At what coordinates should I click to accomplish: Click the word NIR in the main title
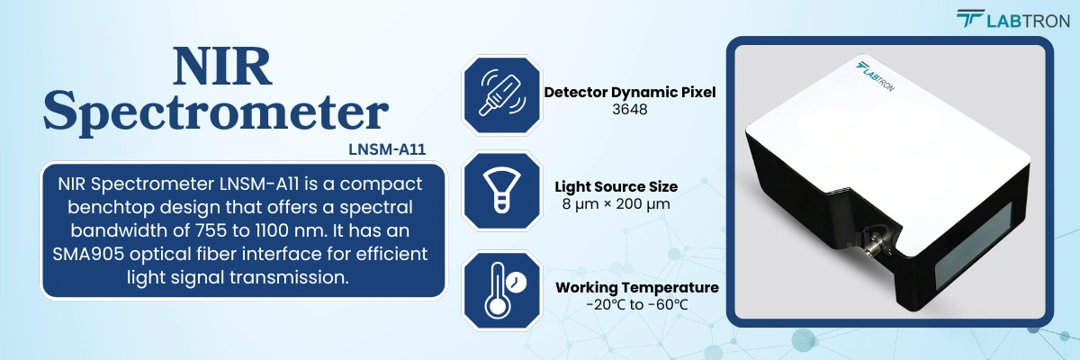[222, 67]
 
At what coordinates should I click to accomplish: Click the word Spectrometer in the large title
[215, 113]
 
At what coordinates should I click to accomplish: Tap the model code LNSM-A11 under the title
[387, 149]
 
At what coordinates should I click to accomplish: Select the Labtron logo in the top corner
[1013, 19]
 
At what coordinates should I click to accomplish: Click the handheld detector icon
[502, 94]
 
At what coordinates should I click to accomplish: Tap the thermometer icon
[502, 290]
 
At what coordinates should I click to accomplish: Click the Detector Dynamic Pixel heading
[630, 92]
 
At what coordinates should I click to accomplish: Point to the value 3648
[630, 110]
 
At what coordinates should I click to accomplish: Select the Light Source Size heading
[616, 186]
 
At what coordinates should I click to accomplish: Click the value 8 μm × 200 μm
[616, 204]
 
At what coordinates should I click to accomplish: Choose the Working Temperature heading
[637, 287]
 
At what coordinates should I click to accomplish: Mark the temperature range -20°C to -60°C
[637, 304]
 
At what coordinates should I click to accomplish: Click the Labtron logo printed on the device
[875, 76]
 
